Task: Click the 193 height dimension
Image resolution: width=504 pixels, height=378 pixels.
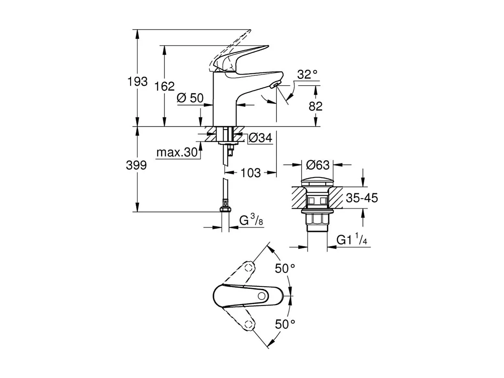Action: (138, 81)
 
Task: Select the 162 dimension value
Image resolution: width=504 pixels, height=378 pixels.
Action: (165, 86)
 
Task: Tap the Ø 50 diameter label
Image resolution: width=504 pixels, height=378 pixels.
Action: (190, 98)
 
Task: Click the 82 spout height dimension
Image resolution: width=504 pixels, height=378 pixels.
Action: (315, 106)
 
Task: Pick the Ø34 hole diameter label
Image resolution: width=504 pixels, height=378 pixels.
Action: (260, 138)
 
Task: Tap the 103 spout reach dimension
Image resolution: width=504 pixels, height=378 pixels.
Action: (250, 173)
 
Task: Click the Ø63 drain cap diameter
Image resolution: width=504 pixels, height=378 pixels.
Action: (317, 165)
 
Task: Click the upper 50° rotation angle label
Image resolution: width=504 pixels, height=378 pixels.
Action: (285, 269)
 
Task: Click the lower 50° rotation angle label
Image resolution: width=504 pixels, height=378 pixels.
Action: (285, 324)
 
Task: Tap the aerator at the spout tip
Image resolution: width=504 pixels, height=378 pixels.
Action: (275, 84)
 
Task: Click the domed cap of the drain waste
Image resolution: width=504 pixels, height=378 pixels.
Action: (317, 180)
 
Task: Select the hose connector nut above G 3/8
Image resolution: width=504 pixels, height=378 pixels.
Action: (225, 209)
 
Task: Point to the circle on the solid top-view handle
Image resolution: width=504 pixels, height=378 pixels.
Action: (263, 295)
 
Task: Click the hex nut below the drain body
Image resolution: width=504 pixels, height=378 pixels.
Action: (317, 220)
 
